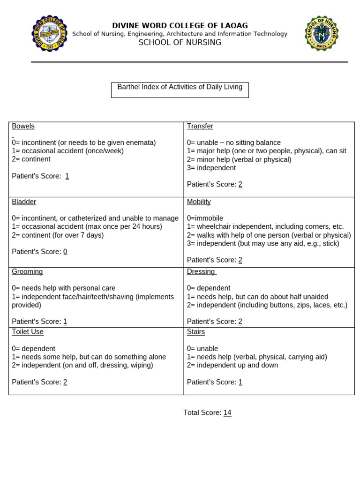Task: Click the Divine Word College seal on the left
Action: point(49,34)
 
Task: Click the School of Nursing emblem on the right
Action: point(322,34)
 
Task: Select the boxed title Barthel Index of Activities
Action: point(180,88)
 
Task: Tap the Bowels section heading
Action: point(23,126)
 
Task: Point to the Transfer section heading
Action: point(200,126)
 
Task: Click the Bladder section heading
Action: point(24,202)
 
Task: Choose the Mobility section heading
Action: point(199,202)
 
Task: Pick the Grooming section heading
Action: point(27,271)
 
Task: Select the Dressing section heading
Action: point(201,271)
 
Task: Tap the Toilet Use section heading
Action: point(28,332)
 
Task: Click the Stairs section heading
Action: point(196,332)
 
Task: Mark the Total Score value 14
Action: point(227,412)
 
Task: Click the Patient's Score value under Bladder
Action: point(65,252)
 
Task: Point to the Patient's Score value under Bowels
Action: point(67,176)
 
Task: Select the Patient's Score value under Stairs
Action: point(240,382)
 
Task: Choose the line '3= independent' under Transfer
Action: point(211,168)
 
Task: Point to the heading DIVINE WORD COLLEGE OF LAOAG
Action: point(180,26)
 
